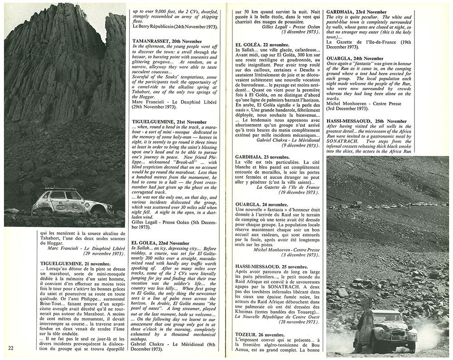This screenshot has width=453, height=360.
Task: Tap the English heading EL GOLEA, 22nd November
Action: coord(161,243)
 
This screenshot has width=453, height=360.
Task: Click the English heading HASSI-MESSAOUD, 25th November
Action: coord(367,121)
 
